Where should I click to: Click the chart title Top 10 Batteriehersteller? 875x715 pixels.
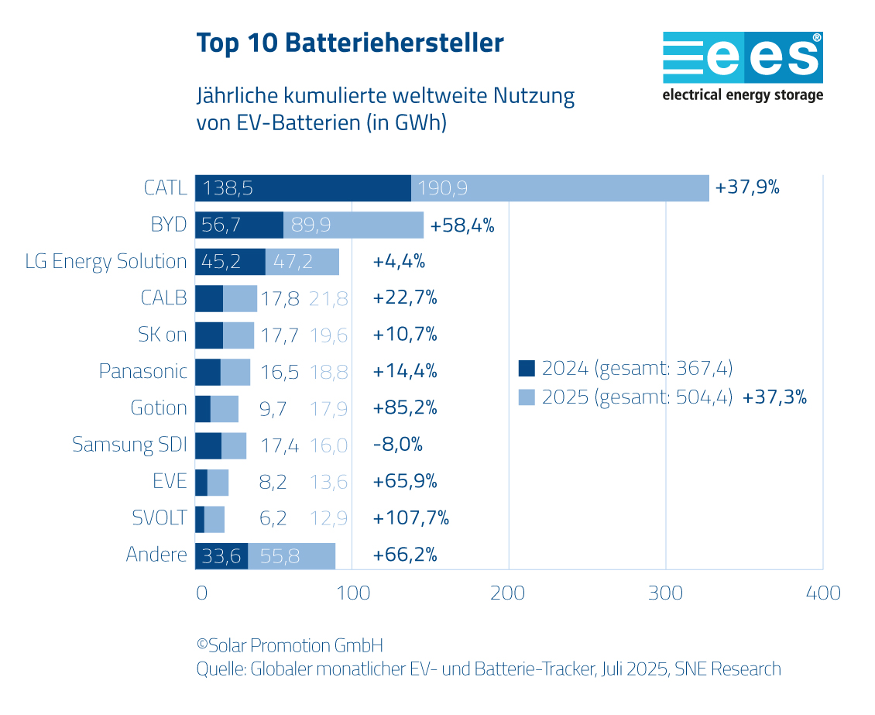tap(350, 43)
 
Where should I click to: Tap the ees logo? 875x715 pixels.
tap(743, 67)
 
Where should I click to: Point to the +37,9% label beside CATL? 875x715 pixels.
tap(747, 188)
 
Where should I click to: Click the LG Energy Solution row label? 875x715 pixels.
tap(106, 262)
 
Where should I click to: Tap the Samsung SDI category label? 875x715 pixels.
tap(129, 445)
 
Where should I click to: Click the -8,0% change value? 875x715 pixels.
tap(397, 445)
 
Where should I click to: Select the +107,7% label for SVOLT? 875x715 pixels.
tap(410, 517)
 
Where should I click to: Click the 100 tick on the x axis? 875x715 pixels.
tap(352, 593)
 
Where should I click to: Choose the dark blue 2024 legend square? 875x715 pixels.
tap(527, 368)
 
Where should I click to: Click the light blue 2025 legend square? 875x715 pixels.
tap(527, 398)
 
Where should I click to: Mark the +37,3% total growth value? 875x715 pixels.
tap(774, 398)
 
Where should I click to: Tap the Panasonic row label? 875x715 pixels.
tap(143, 372)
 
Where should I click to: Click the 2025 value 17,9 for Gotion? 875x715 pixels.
tap(328, 408)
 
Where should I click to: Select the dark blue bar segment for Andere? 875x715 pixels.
tap(221, 555)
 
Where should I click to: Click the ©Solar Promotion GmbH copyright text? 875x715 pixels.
tap(290, 645)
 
